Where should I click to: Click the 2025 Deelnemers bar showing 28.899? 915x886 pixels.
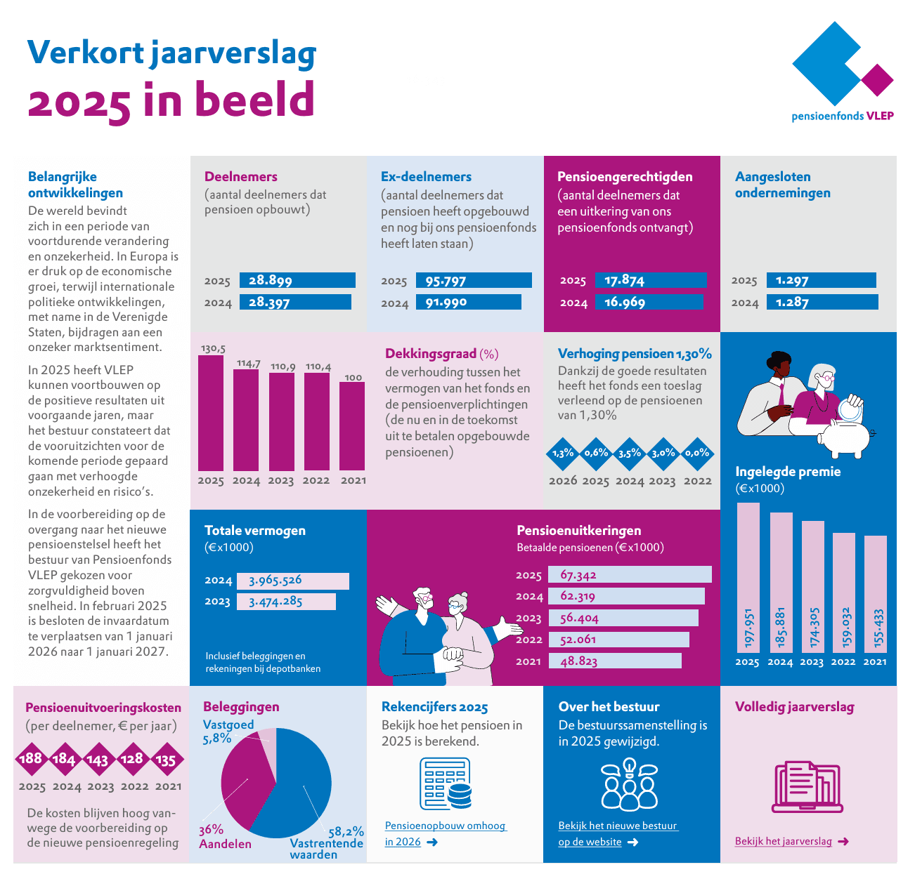tap(297, 280)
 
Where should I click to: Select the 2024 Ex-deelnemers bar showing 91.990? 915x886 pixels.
tap(468, 302)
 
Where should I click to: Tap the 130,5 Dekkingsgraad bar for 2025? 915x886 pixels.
tap(211, 413)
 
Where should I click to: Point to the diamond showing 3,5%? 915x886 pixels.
tap(630, 454)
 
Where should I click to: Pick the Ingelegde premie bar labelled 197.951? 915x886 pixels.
tap(748, 577)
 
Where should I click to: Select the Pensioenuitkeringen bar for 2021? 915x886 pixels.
tap(614, 661)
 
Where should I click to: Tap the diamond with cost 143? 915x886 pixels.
tap(98, 759)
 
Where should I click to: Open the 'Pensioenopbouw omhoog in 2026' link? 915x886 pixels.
tap(445, 833)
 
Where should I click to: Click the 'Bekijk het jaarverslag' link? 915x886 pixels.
tap(783, 841)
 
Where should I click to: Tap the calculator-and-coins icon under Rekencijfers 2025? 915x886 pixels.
tap(446, 783)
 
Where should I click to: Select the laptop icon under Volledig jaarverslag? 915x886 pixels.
tap(807, 787)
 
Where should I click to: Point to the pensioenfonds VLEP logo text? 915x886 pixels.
tap(842, 116)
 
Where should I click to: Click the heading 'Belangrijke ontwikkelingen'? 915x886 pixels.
tap(75, 185)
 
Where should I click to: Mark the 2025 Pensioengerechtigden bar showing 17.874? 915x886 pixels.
tap(651, 280)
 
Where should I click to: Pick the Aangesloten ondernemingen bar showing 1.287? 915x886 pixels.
tap(822, 302)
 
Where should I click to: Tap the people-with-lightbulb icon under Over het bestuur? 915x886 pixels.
tap(629, 784)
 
